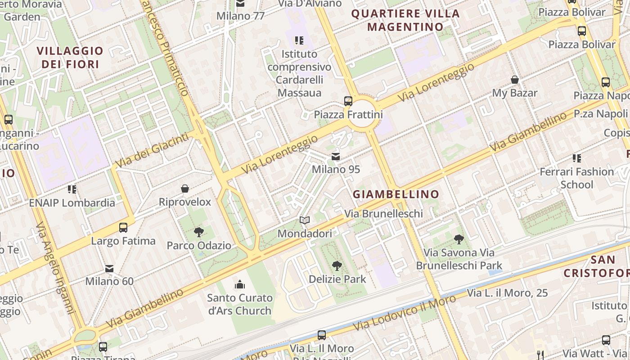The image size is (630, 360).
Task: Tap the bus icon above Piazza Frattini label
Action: point(348,101)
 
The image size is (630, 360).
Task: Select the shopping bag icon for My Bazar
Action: point(515,80)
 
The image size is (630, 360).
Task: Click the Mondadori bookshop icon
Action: point(305,220)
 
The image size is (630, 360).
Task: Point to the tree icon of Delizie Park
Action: point(337,265)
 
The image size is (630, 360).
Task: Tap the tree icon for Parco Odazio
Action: point(198,232)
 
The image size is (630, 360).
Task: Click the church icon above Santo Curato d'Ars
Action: point(240,284)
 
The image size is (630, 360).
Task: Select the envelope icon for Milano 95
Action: point(336,157)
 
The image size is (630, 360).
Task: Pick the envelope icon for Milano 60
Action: point(109,268)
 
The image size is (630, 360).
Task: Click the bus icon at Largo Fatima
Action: point(123,228)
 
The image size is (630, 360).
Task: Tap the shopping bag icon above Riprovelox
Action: point(184,189)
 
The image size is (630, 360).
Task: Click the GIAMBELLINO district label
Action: point(396,194)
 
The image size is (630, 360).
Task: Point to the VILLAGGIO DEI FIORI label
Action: point(70,58)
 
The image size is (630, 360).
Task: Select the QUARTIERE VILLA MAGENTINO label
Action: point(405,20)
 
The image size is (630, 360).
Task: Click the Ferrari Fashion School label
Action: point(576,178)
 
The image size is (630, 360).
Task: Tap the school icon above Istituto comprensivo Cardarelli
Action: point(299,40)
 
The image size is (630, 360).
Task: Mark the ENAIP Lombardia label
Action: point(72,202)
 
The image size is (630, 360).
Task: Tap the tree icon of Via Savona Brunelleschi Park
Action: point(459,239)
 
